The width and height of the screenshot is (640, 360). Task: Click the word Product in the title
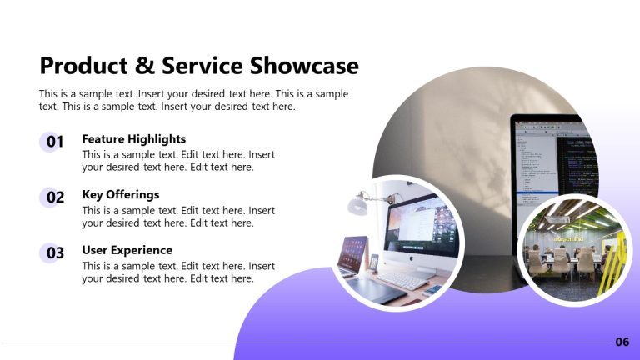[x=86, y=66]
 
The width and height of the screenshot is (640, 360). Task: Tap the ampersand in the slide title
[x=147, y=66]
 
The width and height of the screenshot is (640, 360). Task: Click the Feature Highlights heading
[x=133, y=139]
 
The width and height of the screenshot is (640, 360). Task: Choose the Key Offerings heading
[x=120, y=195]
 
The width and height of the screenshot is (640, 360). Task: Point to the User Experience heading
[x=127, y=250]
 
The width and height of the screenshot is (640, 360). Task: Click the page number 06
[x=622, y=342]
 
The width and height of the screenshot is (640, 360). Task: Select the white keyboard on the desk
[x=402, y=280]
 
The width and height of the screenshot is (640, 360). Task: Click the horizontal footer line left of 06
[x=300, y=342]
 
